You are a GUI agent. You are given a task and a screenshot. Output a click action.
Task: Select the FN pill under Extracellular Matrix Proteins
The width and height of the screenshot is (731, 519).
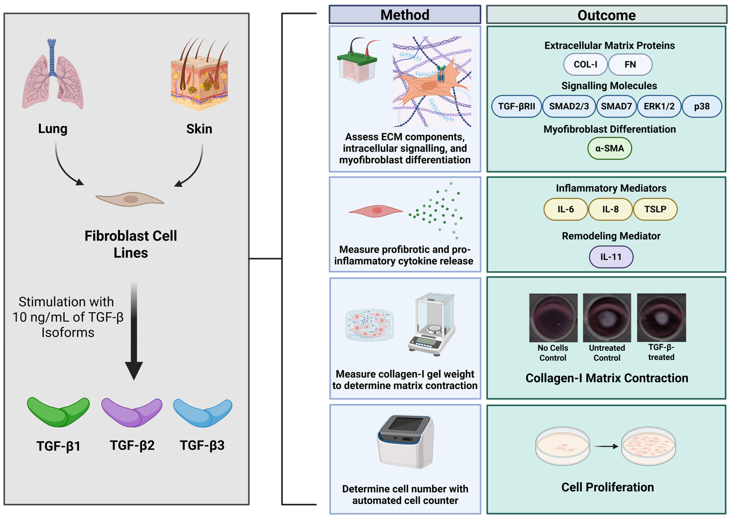coord(630,65)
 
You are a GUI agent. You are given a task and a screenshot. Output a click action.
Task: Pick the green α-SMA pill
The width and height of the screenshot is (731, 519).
coord(609,148)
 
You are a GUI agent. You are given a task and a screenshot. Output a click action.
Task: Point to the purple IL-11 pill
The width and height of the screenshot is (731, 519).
coord(611,257)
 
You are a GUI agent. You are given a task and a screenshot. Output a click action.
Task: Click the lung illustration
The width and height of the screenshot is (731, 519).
coord(53,75)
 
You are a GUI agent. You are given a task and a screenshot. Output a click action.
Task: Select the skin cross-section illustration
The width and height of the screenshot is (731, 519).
coord(200,77)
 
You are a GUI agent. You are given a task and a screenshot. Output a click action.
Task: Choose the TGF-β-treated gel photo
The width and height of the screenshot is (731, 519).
coord(661,317)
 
